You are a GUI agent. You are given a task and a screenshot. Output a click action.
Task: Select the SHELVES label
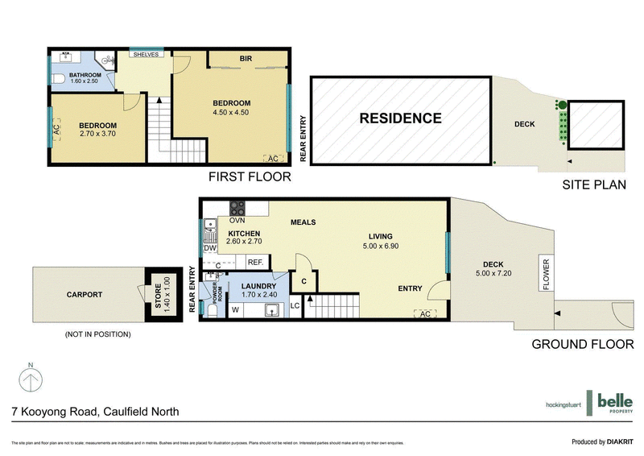pos(146,55)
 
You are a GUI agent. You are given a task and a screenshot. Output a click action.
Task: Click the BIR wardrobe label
pos(246,58)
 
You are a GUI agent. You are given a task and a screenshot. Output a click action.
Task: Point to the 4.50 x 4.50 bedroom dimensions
pos(231,113)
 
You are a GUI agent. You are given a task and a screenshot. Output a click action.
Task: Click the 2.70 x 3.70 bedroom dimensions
pos(97,135)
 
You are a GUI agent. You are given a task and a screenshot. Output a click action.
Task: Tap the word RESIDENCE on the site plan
pos(400,118)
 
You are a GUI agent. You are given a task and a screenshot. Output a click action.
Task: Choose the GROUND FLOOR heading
pos(583,344)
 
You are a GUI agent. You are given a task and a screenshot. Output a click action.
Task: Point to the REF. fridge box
pos(256,262)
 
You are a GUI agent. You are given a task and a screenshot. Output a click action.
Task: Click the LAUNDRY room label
pos(258,286)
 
